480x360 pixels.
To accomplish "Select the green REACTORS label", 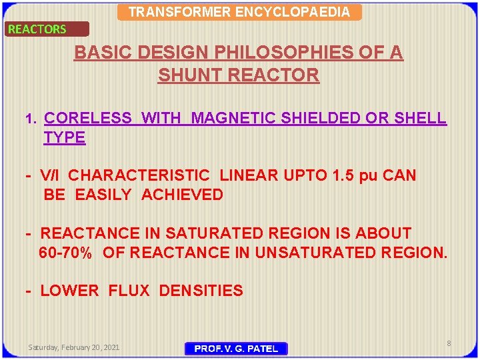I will (x=37, y=29).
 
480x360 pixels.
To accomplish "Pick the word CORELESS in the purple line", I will (x=87, y=119).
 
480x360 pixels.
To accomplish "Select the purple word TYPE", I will (x=65, y=138).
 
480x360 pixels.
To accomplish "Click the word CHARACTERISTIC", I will (x=139, y=176).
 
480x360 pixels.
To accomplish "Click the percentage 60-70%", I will (x=65, y=253).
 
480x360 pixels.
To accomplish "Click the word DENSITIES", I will (x=201, y=291).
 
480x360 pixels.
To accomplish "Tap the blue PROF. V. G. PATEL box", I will (x=235, y=349).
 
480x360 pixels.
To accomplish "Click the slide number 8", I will (x=449, y=343).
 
